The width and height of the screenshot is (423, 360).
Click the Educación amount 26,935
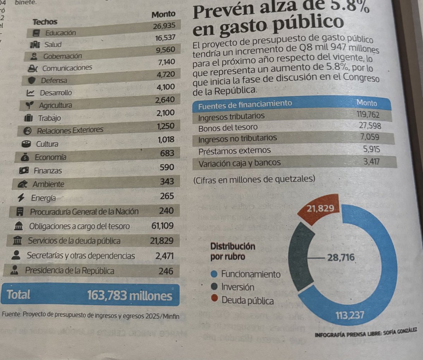pos(164,26)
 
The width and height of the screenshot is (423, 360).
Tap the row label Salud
pos(53,45)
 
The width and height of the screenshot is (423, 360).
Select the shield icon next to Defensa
pos(32,81)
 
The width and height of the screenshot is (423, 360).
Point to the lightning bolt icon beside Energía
pos(21,198)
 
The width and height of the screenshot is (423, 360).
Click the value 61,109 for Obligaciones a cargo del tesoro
pos(162,225)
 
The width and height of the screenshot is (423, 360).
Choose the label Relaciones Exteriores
pos(70,130)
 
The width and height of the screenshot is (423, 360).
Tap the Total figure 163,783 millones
pos(129,295)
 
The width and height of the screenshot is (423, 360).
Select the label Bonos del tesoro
pos(228,128)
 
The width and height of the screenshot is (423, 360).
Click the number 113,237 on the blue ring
pos(350,315)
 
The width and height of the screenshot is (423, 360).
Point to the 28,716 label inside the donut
pos(341,257)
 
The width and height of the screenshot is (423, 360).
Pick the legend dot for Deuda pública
pos(214,299)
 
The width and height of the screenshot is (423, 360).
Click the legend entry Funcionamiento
pos(251,274)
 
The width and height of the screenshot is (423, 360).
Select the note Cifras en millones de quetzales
pos(254,179)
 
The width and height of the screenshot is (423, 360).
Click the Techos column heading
pos(45,22)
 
